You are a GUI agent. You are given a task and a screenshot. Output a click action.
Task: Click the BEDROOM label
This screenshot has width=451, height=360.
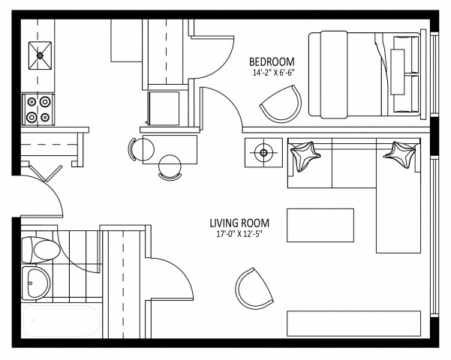click(x=272, y=61)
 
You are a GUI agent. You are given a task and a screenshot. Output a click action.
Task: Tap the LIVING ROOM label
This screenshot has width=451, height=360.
click(x=240, y=223)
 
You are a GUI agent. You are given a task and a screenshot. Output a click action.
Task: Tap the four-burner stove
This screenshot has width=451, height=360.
click(x=39, y=109)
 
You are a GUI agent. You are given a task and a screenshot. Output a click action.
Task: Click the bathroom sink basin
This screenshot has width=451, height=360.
click(x=35, y=283)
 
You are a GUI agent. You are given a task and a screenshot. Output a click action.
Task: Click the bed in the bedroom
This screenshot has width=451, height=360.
click(x=366, y=73)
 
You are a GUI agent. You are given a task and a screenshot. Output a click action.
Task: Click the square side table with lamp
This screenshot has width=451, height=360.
click(x=263, y=154)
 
